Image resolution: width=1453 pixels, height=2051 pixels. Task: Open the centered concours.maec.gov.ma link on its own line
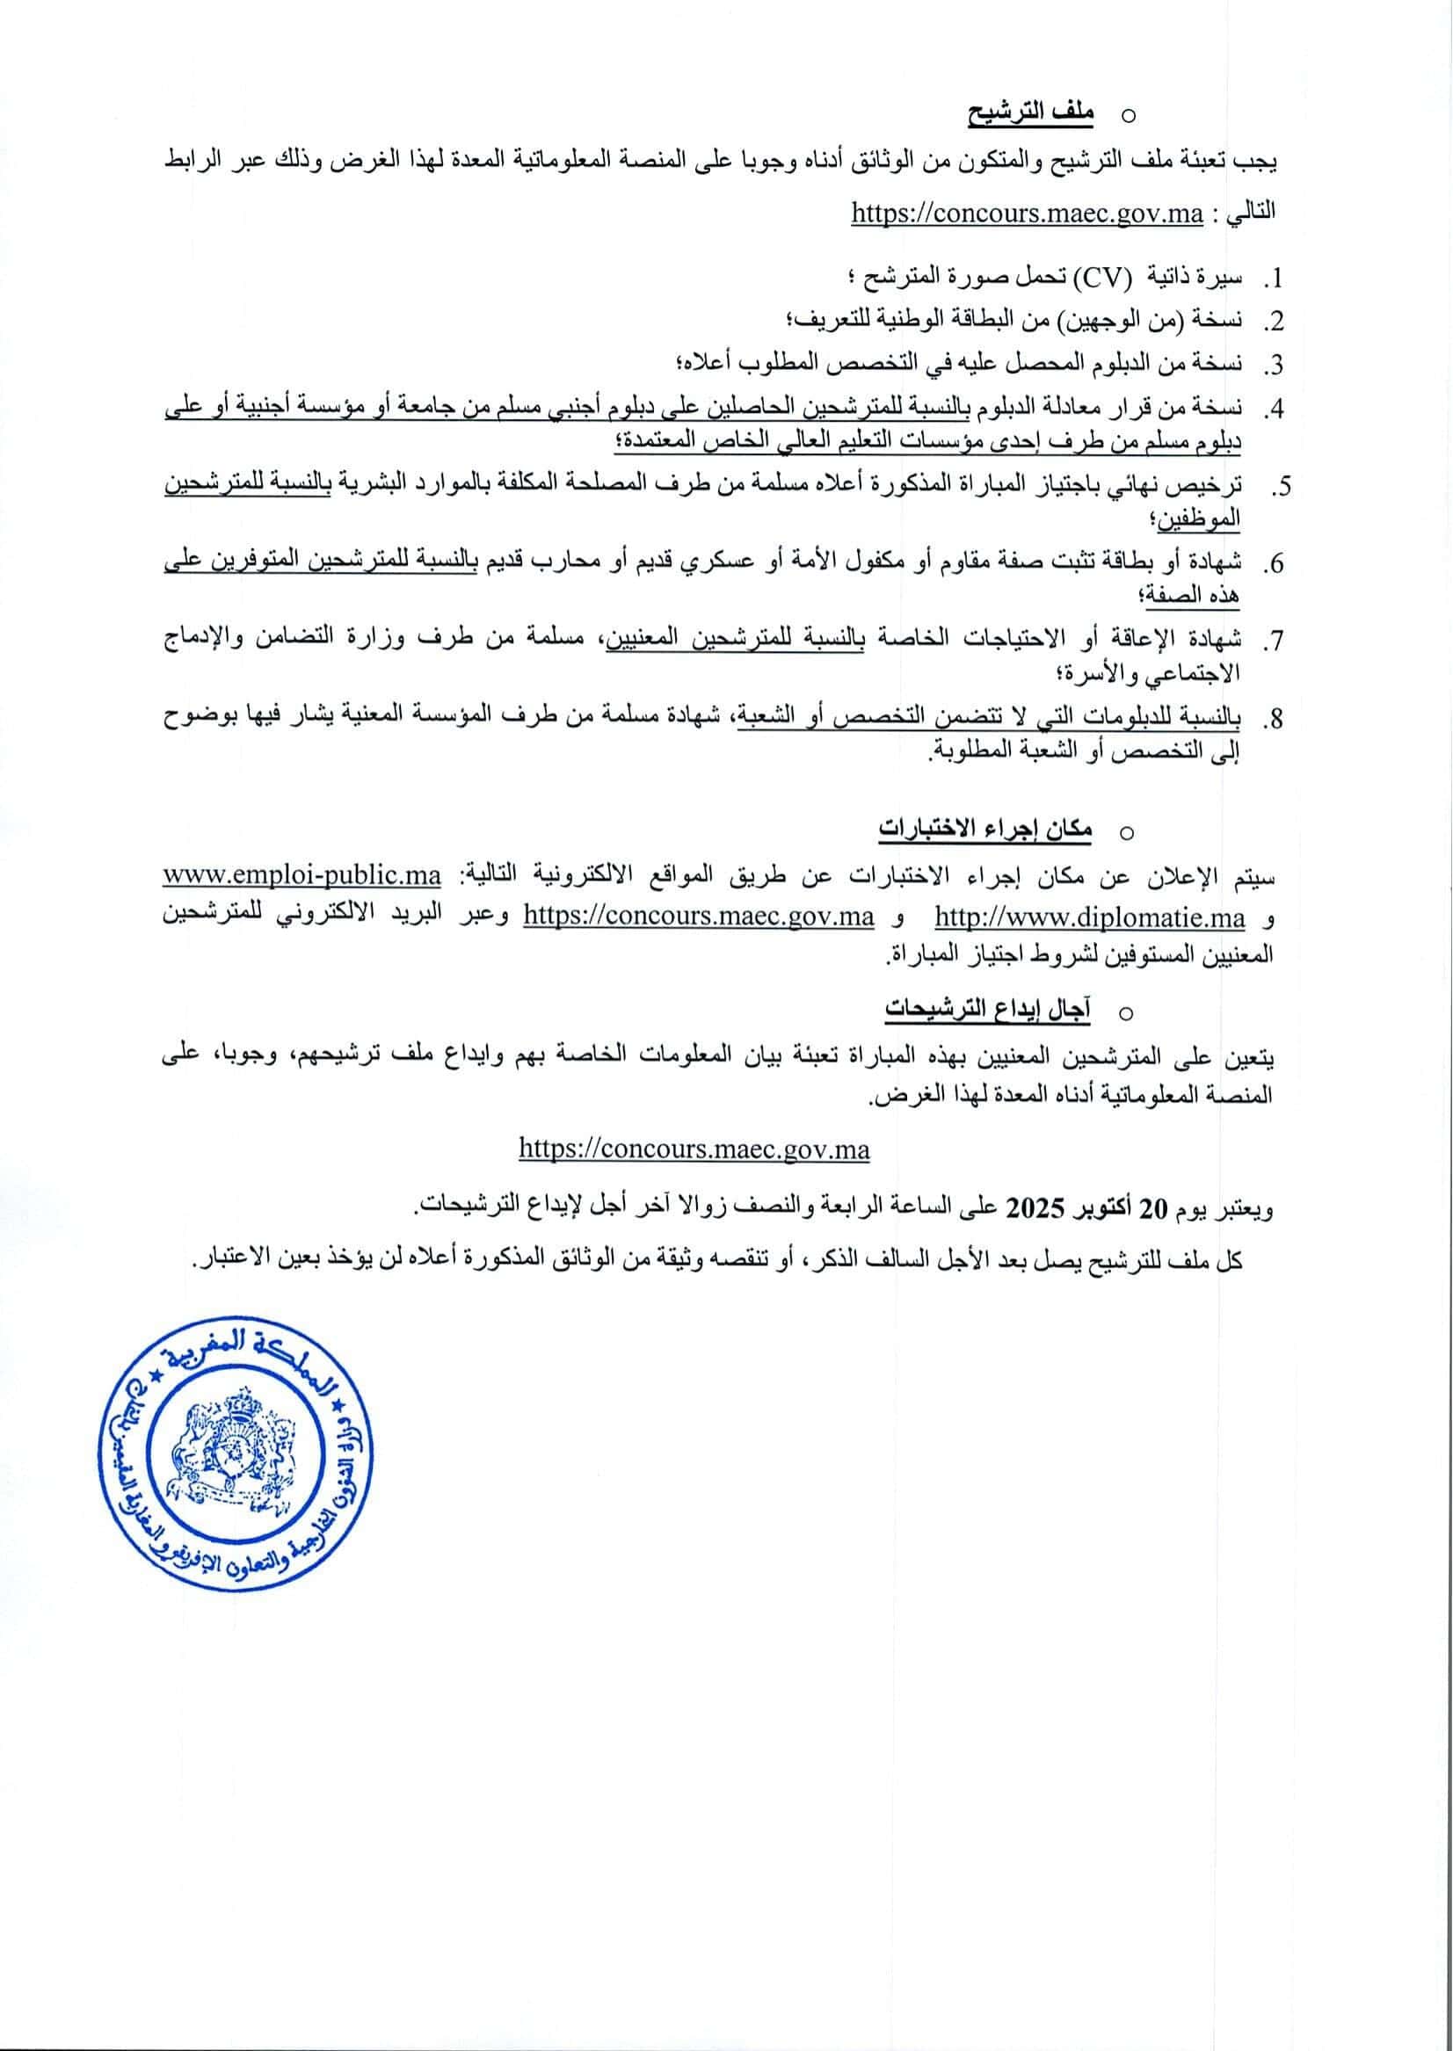click(x=694, y=1149)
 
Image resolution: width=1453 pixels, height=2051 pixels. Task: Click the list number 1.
click(x=1271, y=280)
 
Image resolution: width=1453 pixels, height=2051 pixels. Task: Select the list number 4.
click(x=1271, y=410)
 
